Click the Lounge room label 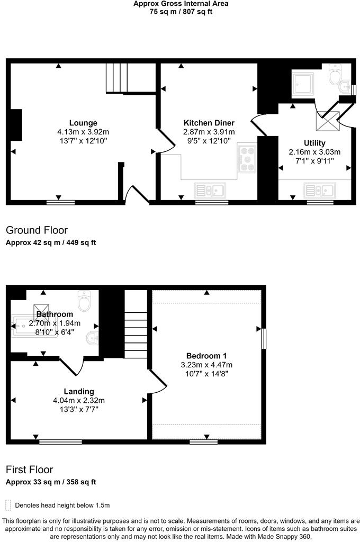click(x=83, y=123)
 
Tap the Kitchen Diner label click(x=209, y=123)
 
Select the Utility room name click(x=314, y=143)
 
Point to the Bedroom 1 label click(x=206, y=355)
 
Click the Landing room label click(x=78, y=391)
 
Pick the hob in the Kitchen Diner click(x=247, y=158)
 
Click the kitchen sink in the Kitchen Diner click(x=210, y=189)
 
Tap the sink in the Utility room click(x=319, y=189)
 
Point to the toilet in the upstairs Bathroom click(x=85, y=301)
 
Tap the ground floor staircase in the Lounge click(x=117, y=78)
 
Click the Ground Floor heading click(x=37, y=230)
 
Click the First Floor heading click(x=29, y=469)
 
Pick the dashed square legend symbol click(x=7, y=505)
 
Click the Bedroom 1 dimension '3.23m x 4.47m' click(x=206, y=365)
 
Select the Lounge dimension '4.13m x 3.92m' click(x=83, y=132)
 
